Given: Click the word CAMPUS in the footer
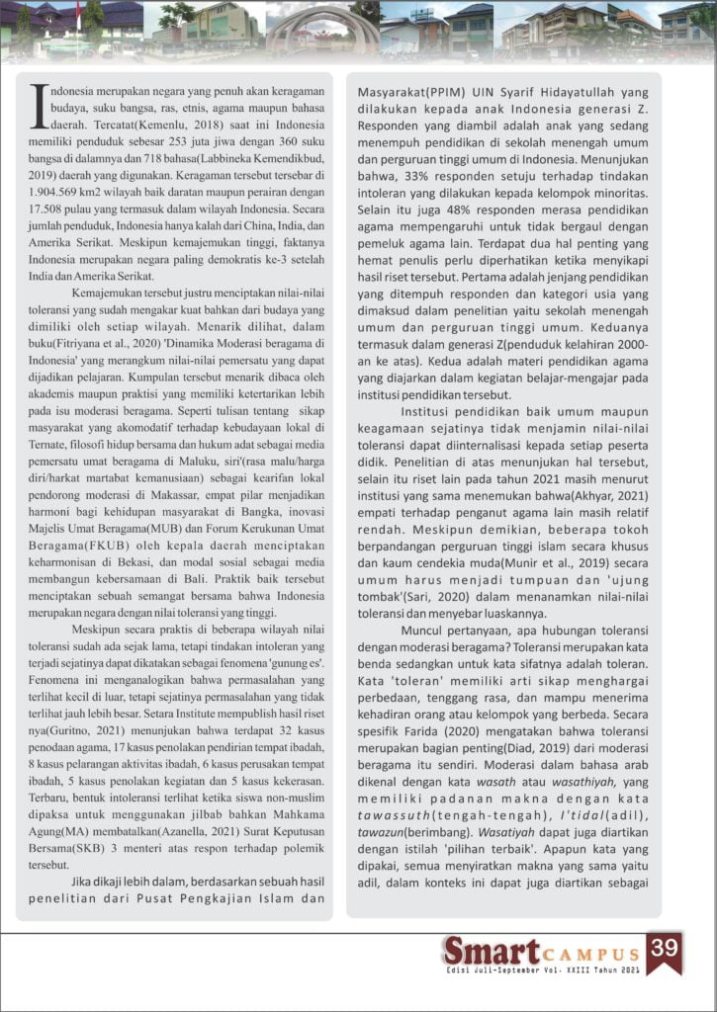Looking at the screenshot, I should coord(589,954).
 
